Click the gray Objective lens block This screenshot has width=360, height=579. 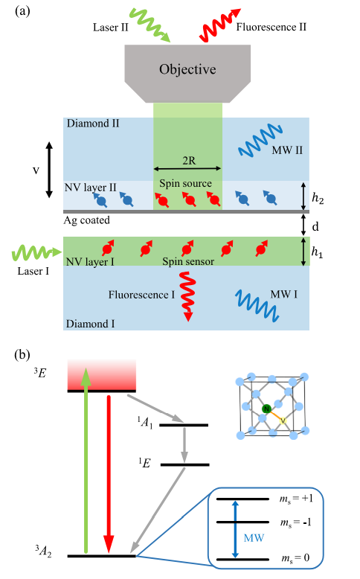tap(187, 74)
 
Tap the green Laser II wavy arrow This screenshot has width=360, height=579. tap(150, 25)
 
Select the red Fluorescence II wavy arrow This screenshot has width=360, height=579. tap(219, 25)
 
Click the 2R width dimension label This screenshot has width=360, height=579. tap(189, 161)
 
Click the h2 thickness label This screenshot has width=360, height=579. tap(318, 199)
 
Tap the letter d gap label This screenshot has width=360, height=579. tap(315, 226)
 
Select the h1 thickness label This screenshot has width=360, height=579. tap(317, 252)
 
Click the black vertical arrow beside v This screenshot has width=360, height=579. tap(49, 170)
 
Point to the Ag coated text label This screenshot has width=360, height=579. tap(87, 220)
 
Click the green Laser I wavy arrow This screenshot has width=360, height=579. tap(36, 253)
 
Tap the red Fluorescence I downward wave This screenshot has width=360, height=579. tap(188, 296)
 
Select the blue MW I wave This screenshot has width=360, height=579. tap(257, 305)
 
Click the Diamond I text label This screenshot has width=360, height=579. tap(90, 324)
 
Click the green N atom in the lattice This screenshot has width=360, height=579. tap(266, 409)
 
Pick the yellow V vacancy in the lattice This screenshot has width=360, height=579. tap(283, 420)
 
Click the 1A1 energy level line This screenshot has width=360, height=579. tap(184, 425)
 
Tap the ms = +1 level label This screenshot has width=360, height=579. tap(296, 499)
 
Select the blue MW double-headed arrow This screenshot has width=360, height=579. tap(235, 529)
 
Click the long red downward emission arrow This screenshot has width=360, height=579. tap(109, 474)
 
